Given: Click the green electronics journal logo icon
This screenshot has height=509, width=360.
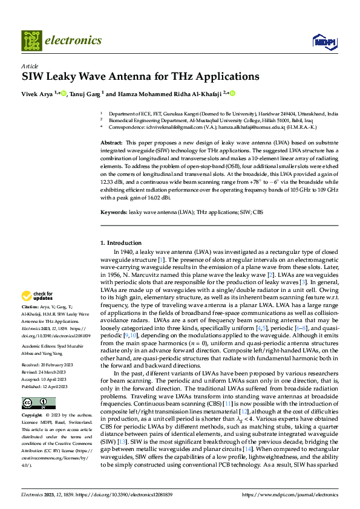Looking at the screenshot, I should coord(31,41).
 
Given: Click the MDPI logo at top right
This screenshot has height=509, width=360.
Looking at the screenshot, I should coord(321,41).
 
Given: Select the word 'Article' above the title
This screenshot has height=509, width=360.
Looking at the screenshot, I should coord(30,66).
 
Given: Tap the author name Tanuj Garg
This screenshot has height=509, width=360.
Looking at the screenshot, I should coord(85,93).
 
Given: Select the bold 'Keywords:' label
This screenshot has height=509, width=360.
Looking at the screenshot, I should coord(114,213).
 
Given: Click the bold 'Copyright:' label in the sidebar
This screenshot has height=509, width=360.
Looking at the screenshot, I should coord(32,416).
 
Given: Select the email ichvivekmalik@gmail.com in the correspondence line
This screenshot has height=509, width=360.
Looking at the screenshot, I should coord(173,128).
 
